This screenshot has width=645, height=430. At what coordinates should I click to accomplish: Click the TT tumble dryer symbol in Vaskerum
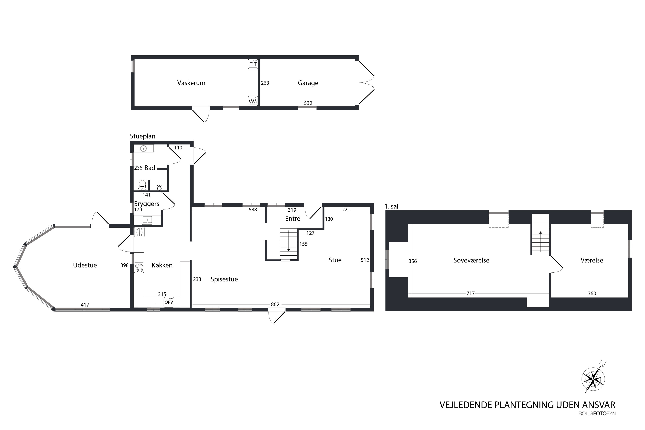pos(253,64)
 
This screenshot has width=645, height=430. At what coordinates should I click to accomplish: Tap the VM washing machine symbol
pos(253,101)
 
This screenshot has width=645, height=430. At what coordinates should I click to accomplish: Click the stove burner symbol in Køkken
pos(139,268)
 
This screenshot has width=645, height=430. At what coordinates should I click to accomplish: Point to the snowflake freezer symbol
pos(139,232)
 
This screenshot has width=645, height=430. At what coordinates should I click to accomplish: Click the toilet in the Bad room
pos(142,185)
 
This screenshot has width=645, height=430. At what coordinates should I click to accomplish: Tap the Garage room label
pos(308,83)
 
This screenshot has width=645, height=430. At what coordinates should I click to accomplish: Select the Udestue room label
pos(85,265)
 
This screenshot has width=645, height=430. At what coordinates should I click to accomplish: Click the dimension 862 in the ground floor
pos(275,304)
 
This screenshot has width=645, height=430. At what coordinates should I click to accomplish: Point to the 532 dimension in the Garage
pos(308,103)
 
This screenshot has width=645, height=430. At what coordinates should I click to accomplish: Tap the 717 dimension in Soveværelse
pos(471,293)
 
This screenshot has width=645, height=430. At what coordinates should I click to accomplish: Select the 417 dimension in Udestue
pos(85,305)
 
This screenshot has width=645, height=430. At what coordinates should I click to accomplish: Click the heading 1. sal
pos(392,206)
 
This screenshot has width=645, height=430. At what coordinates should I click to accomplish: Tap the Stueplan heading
pos(143,136)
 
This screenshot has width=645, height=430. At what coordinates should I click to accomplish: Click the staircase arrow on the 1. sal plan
pos(541,241)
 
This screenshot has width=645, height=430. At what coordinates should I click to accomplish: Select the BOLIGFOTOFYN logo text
pos(597,413)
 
